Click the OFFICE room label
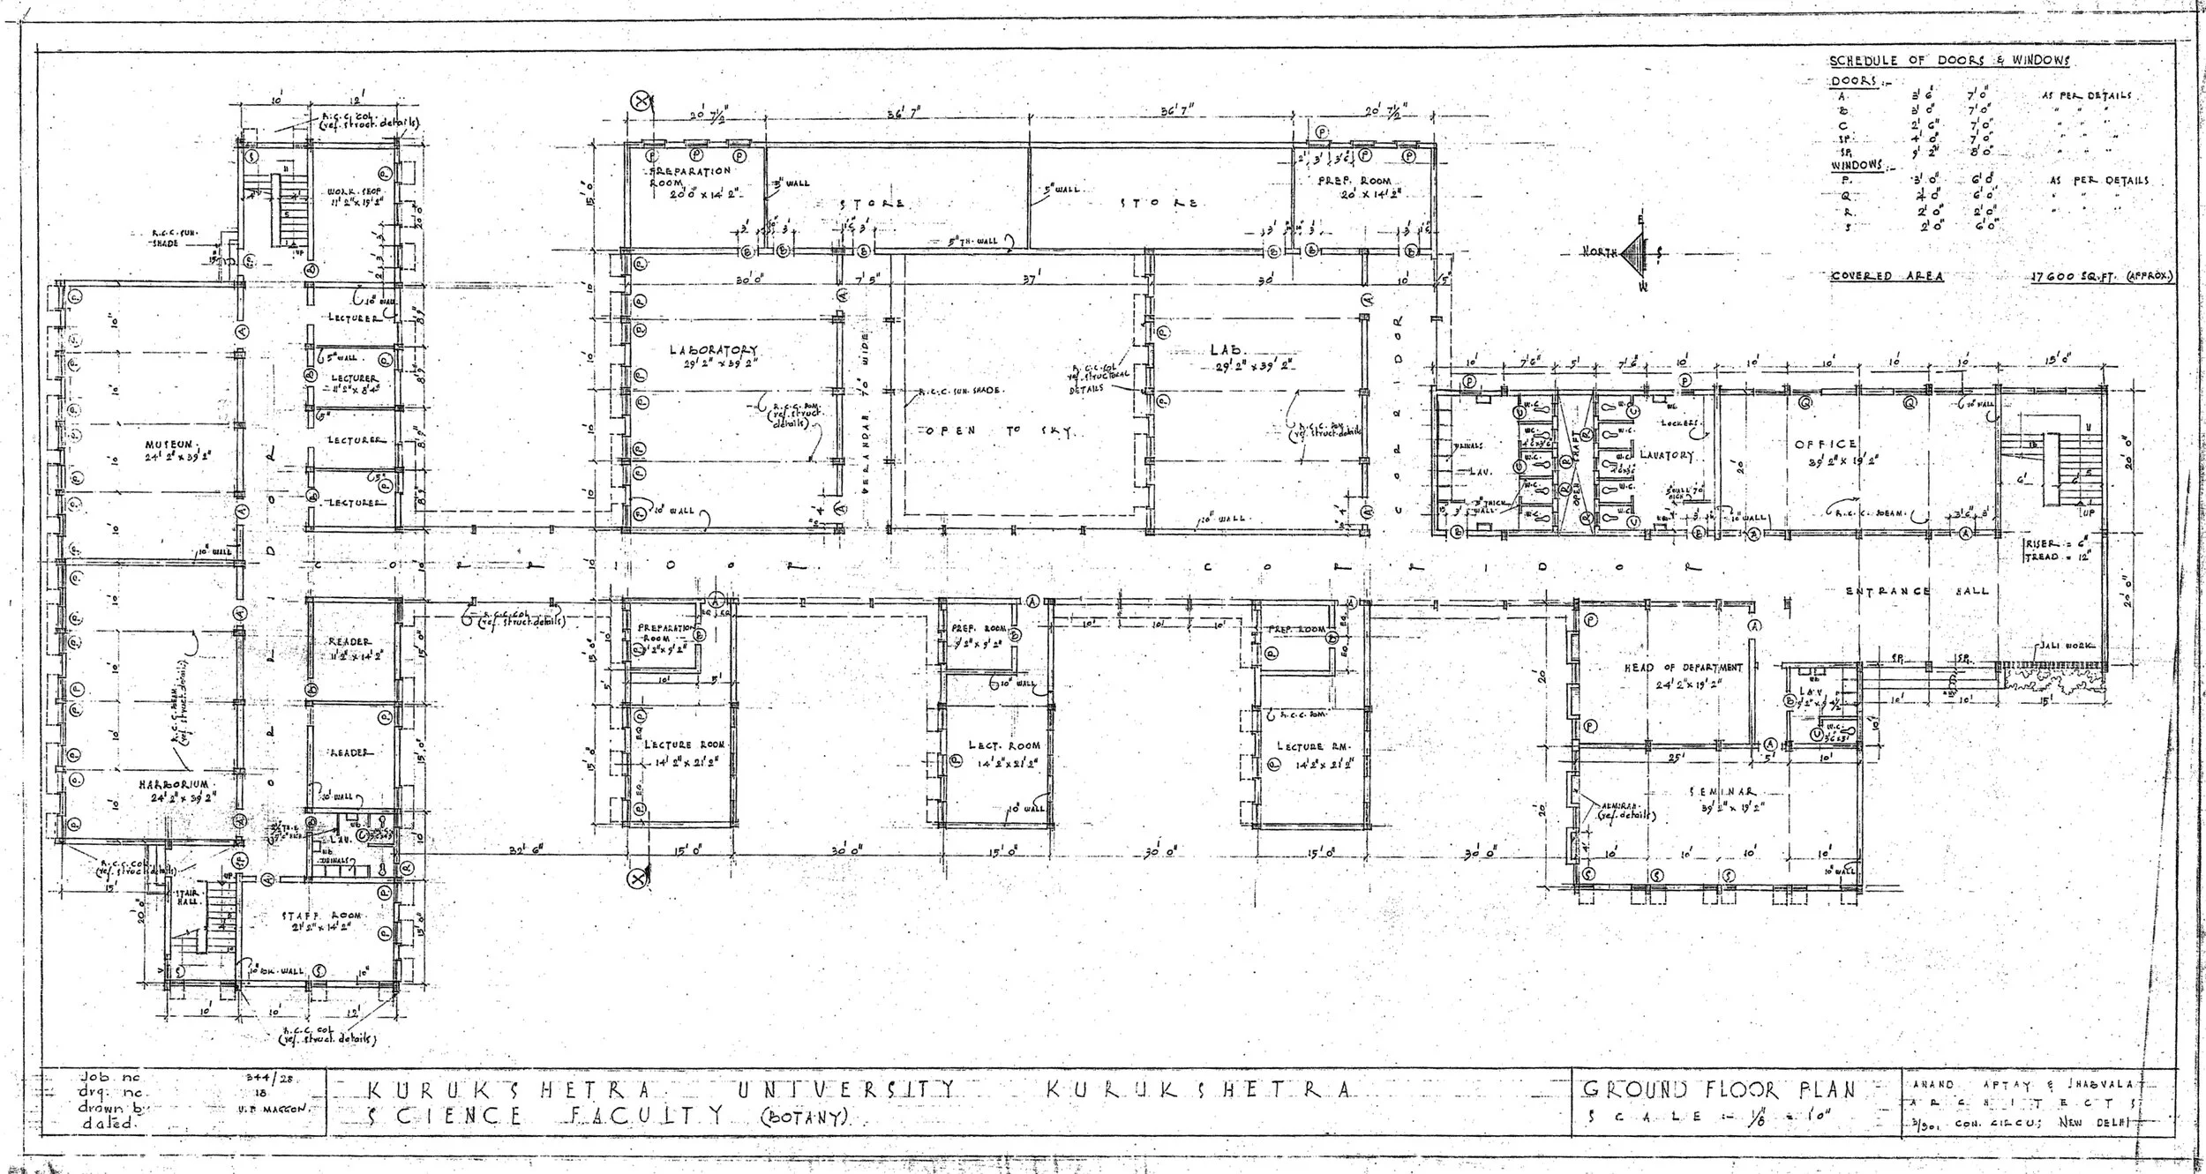point(1825,445)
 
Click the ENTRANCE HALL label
point(1917,591)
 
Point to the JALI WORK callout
point(2060,647)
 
